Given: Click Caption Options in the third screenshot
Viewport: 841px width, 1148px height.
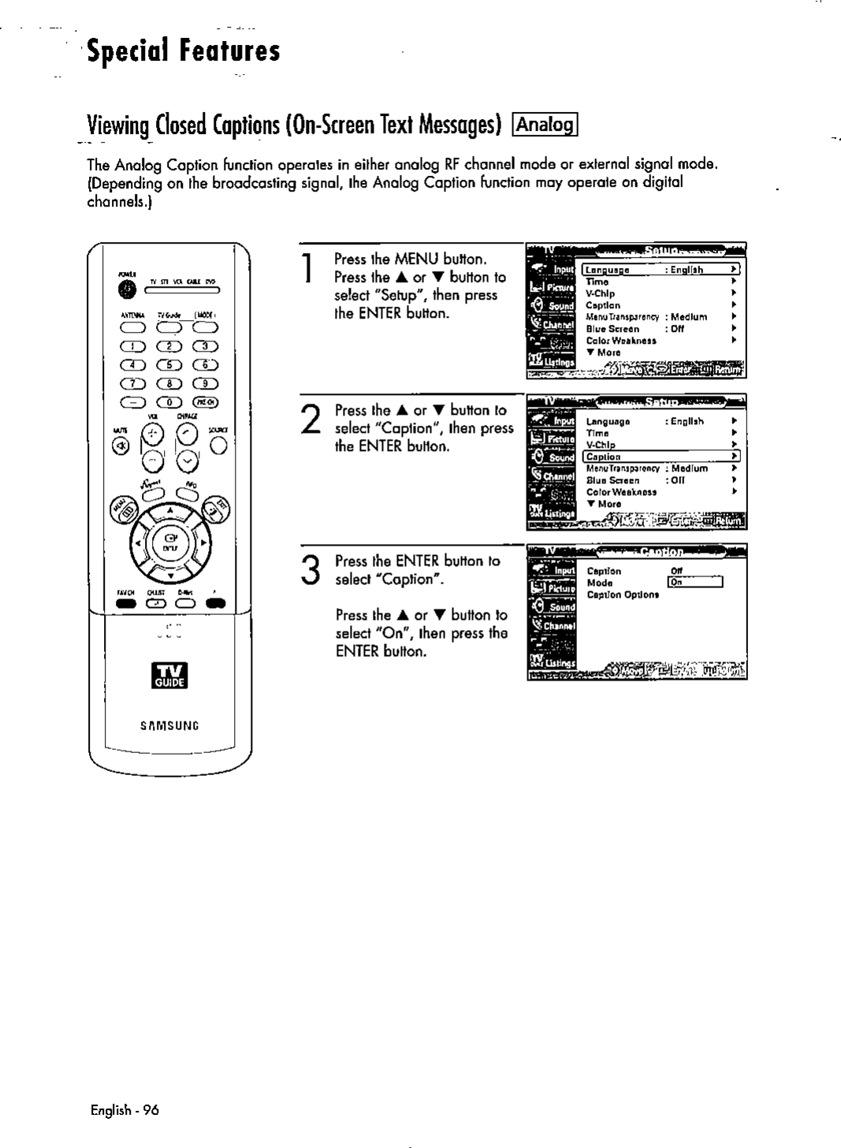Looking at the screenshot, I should (x=623, y=594).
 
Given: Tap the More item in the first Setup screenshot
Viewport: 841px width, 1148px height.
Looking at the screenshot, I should (x=607, y=352).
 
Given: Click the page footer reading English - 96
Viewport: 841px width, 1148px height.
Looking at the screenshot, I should (x=124, y=1109).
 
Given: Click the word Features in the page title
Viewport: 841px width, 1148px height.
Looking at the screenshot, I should (x=229, y=53).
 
